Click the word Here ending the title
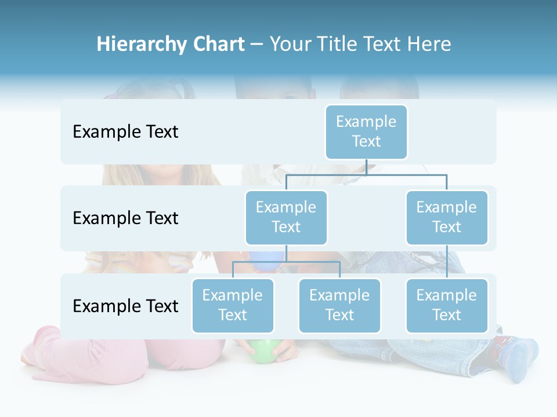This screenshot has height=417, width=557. (x=429, y=44)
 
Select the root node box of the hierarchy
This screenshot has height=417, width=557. (x=366, y=131)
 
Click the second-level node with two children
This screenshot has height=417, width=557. (x=286, y=217)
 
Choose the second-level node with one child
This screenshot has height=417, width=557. (x=447, y=217)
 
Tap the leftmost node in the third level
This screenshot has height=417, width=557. (x=233, y=305)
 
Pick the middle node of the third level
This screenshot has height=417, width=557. (x=339, y=305)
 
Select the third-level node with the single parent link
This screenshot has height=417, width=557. (x=447, y=305)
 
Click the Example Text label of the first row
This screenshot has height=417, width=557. (x=125, y=131)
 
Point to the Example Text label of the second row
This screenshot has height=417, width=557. (x=125, y=218)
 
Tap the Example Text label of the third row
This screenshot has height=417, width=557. (x=125, y=306)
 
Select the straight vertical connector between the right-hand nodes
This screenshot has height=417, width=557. (x=447, y=262)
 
